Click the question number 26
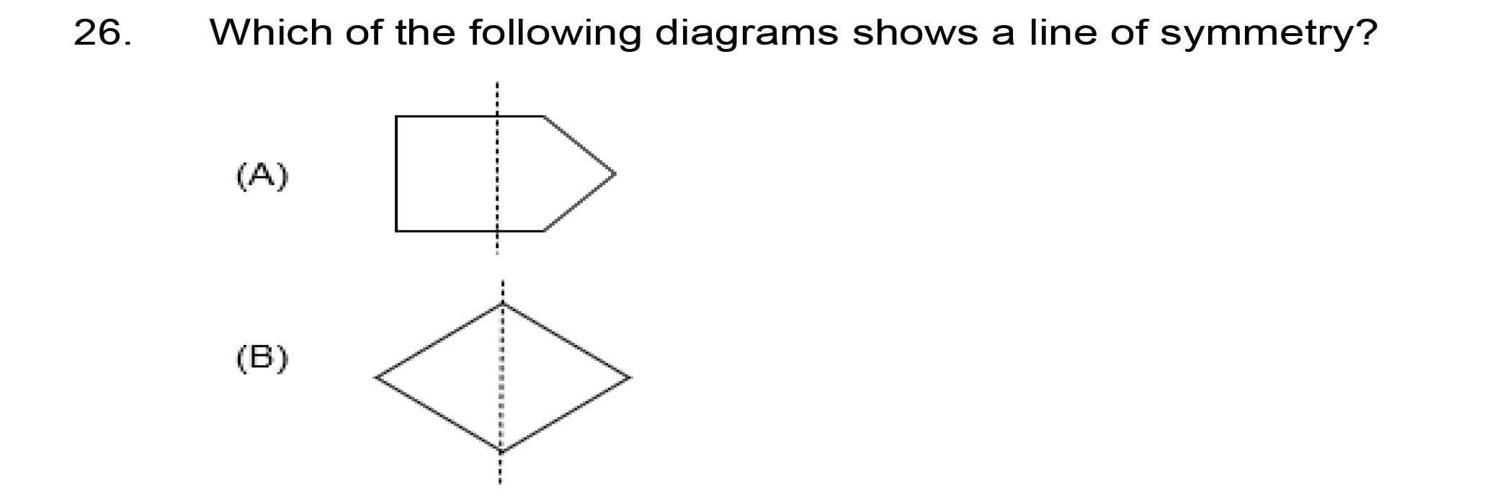tap(102, 32)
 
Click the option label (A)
tap(262, 175)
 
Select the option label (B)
tap(262, 358)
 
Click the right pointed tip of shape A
tap(614, 174)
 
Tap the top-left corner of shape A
tap(396, 116)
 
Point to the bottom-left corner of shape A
tap(396, 231)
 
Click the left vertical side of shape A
tap(396, 174)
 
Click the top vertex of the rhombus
tap(502, 303)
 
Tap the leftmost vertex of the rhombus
tap(376, 377)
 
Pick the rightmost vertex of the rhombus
tap(630, 377)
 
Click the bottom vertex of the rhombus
tap(501, 452)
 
